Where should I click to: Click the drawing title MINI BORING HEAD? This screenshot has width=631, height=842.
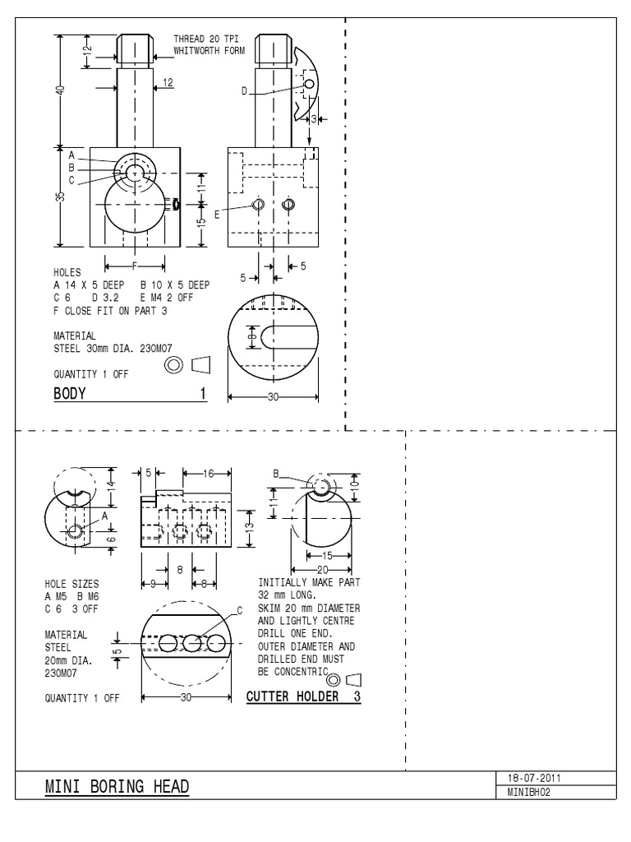tap(116, 788)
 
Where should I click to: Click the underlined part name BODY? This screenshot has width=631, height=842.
tap(70, 394)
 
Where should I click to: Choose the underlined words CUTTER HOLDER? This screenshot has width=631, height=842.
tap(293, 696)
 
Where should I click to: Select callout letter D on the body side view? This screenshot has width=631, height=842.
tap(244, 91)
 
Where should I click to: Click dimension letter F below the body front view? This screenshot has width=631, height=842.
tap(135, 265)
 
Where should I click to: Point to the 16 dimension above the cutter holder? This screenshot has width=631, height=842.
tap(208, 473)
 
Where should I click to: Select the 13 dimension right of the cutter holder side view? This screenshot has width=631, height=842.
tap(251, 526)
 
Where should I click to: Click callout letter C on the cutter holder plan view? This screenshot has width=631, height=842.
tap(240, 610)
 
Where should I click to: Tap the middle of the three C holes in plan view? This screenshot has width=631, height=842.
tap(192, 643)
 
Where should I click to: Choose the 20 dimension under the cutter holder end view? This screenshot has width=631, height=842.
tap(323, 568)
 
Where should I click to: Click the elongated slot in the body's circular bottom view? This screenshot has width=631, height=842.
tap(288, 338)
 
